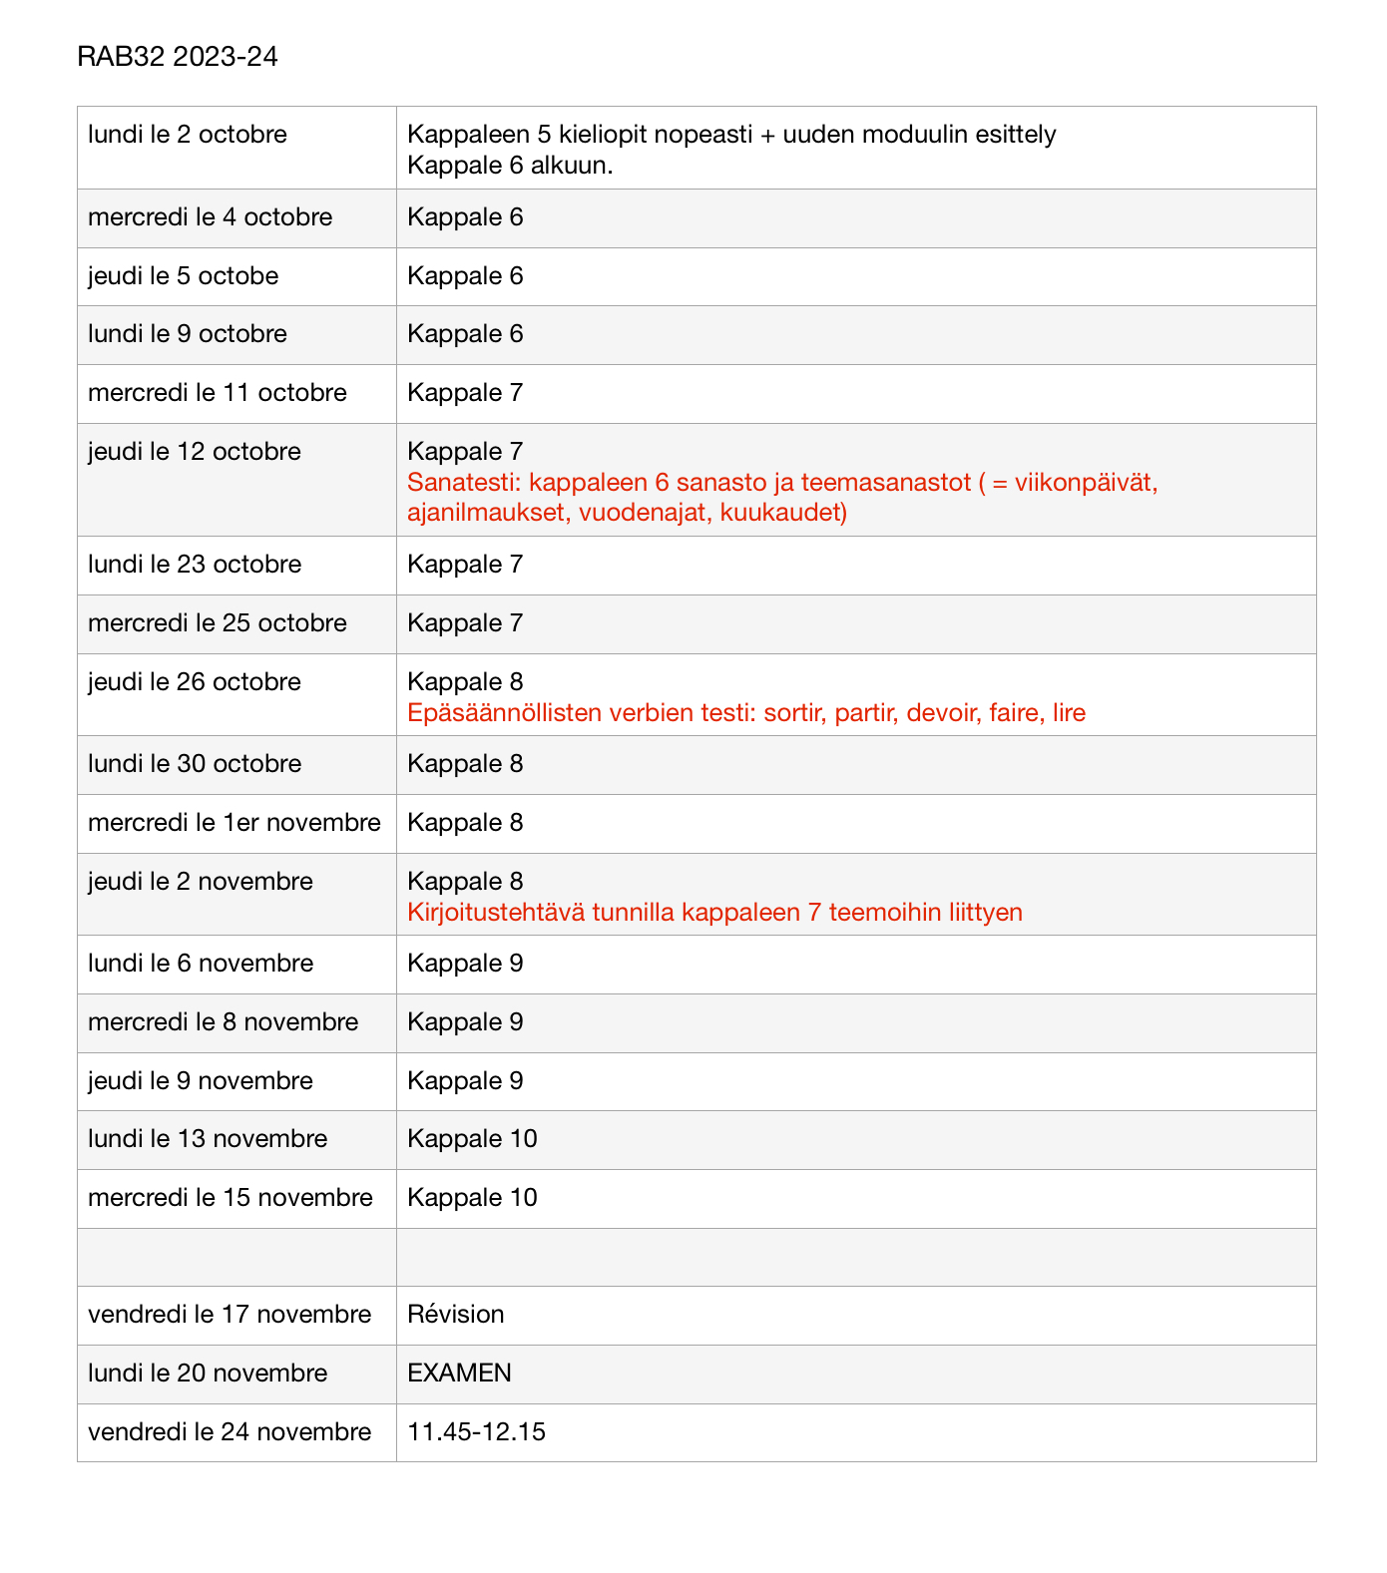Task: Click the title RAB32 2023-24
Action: click(x=177, y=57)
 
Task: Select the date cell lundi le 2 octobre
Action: click(x=187, y=135)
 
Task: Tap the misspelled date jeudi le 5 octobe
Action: click(x=183, y=276)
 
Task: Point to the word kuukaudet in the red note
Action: click(x=783, y=514)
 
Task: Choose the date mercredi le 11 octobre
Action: click(x=217, y=393)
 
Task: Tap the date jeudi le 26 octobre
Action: click(x=194, y=682)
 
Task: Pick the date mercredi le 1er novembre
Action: click(x=233, y=823)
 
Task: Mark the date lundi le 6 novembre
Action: click(x=200, y=964)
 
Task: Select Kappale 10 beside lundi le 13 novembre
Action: click(x=472, y=1139)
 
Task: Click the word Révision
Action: click(x=455, y=1315)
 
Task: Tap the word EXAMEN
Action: click(x=459, y=1374)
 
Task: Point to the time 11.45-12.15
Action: click(x=476, y=1432)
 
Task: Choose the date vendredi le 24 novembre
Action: click(x=229, y=1432)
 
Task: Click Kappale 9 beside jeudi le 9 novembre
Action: click(x=465, y=1081)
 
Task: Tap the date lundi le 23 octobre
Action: click(x=194, y=565)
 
